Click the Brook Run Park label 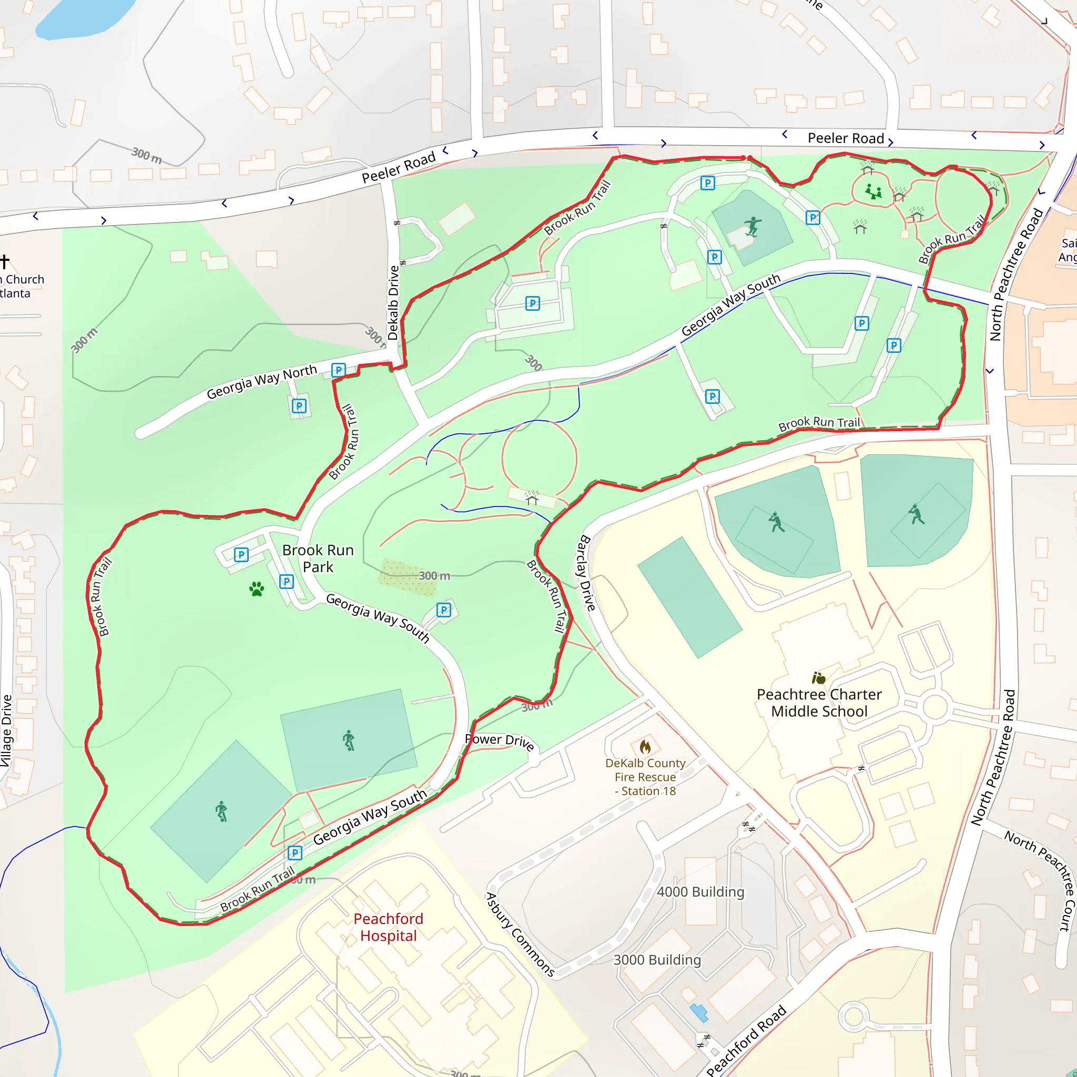(x=318, y=558)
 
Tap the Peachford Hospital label (x=389, y=927)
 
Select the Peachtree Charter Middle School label (x=819, y=703)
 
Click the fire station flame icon (x=645, y=746)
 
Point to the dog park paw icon (x=257, y=588)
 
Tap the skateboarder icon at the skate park (x=753, y=226)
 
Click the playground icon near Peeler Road (x=873, y=192)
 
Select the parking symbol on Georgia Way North (x=338, y=370)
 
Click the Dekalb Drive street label (x=393, y=302)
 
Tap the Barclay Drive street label (x=587, y=572)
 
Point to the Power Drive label (x=500, y=741)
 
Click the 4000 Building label (x=700, y=892)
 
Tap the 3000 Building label (x=657, y=960)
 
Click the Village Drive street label (x=6, y=730)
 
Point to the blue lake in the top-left (x=84, y=17)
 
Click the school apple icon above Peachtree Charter (x=818, y=678)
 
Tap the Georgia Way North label (x=261, y=382)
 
